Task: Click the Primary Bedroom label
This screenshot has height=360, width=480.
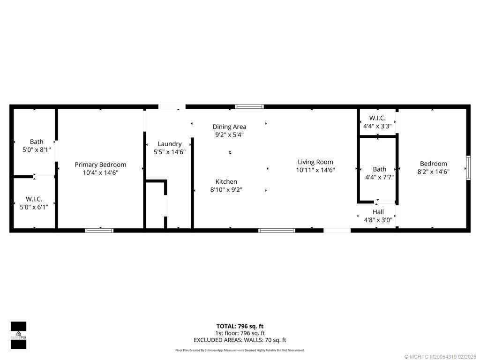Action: tap(100, 165)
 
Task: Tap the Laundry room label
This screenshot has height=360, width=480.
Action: tap(169, 144)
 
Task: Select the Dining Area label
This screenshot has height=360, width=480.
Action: tap(229, 127)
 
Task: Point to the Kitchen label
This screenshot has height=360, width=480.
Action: tap(226, 182)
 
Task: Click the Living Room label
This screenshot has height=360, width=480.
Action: tap(315, 162)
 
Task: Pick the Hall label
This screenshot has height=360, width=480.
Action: tap(378, 212)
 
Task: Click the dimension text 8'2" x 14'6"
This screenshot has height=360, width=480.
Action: tap(433, 172)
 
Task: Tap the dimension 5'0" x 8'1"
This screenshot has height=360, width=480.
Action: tap(37, 150)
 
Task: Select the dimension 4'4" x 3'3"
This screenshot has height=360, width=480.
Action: tap(377, 126)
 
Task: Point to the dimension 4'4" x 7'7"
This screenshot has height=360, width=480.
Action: tap(379, 177)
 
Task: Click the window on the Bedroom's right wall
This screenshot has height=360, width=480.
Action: tap(468, 168)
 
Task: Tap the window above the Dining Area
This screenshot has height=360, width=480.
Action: tap(249, 107)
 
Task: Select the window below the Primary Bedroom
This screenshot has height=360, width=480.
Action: tap(99, 230)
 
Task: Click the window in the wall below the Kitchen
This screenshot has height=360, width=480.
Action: tap(277, 230)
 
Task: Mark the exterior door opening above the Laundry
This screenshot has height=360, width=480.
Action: tap(172, 107)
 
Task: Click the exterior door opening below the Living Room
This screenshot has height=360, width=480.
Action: tap(337, 230)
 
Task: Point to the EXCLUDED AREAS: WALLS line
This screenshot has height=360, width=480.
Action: tap(240, 340)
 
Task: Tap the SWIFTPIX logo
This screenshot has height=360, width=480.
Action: tap(18, 336)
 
